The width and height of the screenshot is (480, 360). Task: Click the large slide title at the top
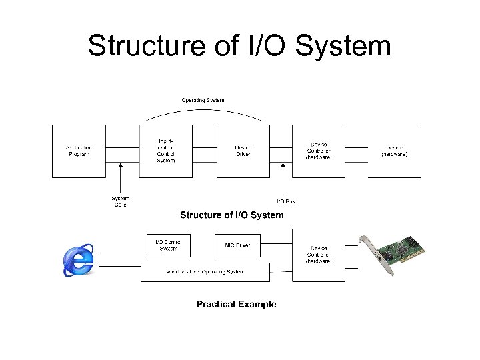click(x=239, y=46)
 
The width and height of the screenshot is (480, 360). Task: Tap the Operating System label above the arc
click(x=203, y=100)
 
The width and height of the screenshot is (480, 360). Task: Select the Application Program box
click(x=79, y=151)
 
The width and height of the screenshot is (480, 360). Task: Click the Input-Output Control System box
click(x=166, y=151)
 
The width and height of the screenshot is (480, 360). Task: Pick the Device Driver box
click(x=243, y=151)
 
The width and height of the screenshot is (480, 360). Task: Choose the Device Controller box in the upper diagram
click(x=319, y=151)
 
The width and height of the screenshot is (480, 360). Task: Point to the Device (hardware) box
click(x=394, y=151)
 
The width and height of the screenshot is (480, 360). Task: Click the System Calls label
click(x=121, y=201)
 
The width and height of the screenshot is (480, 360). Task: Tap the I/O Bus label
click(x=286, y=201)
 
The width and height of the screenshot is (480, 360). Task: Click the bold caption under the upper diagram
click(x=231, y=215)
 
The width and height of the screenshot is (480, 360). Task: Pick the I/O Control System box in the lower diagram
click(x=168, y=245)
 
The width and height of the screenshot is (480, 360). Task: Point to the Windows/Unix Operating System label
click(x=205, y=271)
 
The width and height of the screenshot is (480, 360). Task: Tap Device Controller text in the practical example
click(x=319, y=254)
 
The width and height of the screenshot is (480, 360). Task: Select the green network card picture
click(x=393, y=254)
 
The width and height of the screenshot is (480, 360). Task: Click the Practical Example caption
click(x=236, y=304)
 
